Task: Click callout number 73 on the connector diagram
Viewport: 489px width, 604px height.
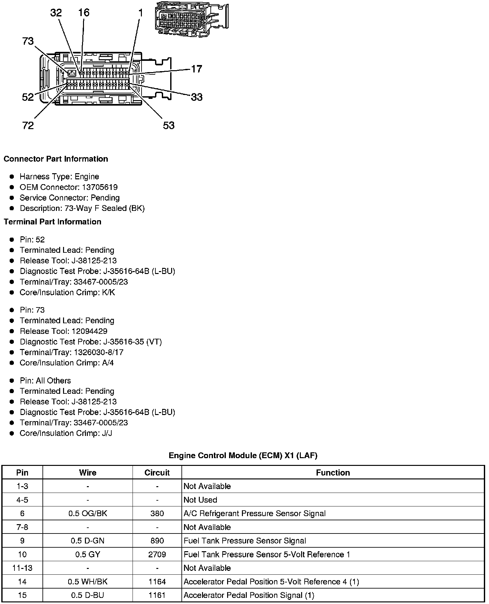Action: pyautogui.click(x=28, y=41)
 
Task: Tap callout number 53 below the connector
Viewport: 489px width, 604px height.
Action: pyautogui.click(x=169, y=125)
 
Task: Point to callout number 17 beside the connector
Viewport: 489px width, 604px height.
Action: pyautogui.click(x=197, y=69)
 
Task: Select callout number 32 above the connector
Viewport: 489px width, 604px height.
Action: pyautogui.click(x=56, y=13)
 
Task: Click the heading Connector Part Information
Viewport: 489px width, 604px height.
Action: pyautogui.click(x=56, y=159)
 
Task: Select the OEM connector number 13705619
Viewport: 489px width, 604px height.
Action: pyautogui.click(x=99, y=187)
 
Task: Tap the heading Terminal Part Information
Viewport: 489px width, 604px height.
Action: pyautogui.click(x=52, y=222)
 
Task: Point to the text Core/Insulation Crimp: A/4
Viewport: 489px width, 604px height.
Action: pyautogui.click(x=67, y=363)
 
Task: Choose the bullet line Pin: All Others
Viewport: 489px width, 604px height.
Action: pyautogui.click(x=45, y=381)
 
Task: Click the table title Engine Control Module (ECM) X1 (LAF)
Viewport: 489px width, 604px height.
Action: pyautogui.click(x=243, y=456)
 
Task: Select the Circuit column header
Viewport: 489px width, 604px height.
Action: pyautogui.click(x=157, y=473)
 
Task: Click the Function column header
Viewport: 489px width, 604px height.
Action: pyautogui.click(x=333, y=473)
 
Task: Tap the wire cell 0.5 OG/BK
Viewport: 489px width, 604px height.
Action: pyautogui.click(x=88, y=514)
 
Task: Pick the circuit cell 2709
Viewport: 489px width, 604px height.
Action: pyautogui.click(x=157, y=554)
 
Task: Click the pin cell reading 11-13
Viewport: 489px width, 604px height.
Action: pyautogui.click(x=22, y=568)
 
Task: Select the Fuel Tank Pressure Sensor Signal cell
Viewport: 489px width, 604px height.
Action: pyautogui.click(x=244, y=541)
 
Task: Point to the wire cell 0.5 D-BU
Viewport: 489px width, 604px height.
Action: pyautogui.click(x=88, y=595)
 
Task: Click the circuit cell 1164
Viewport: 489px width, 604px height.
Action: pyautogui.click(x=157, y=582)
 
